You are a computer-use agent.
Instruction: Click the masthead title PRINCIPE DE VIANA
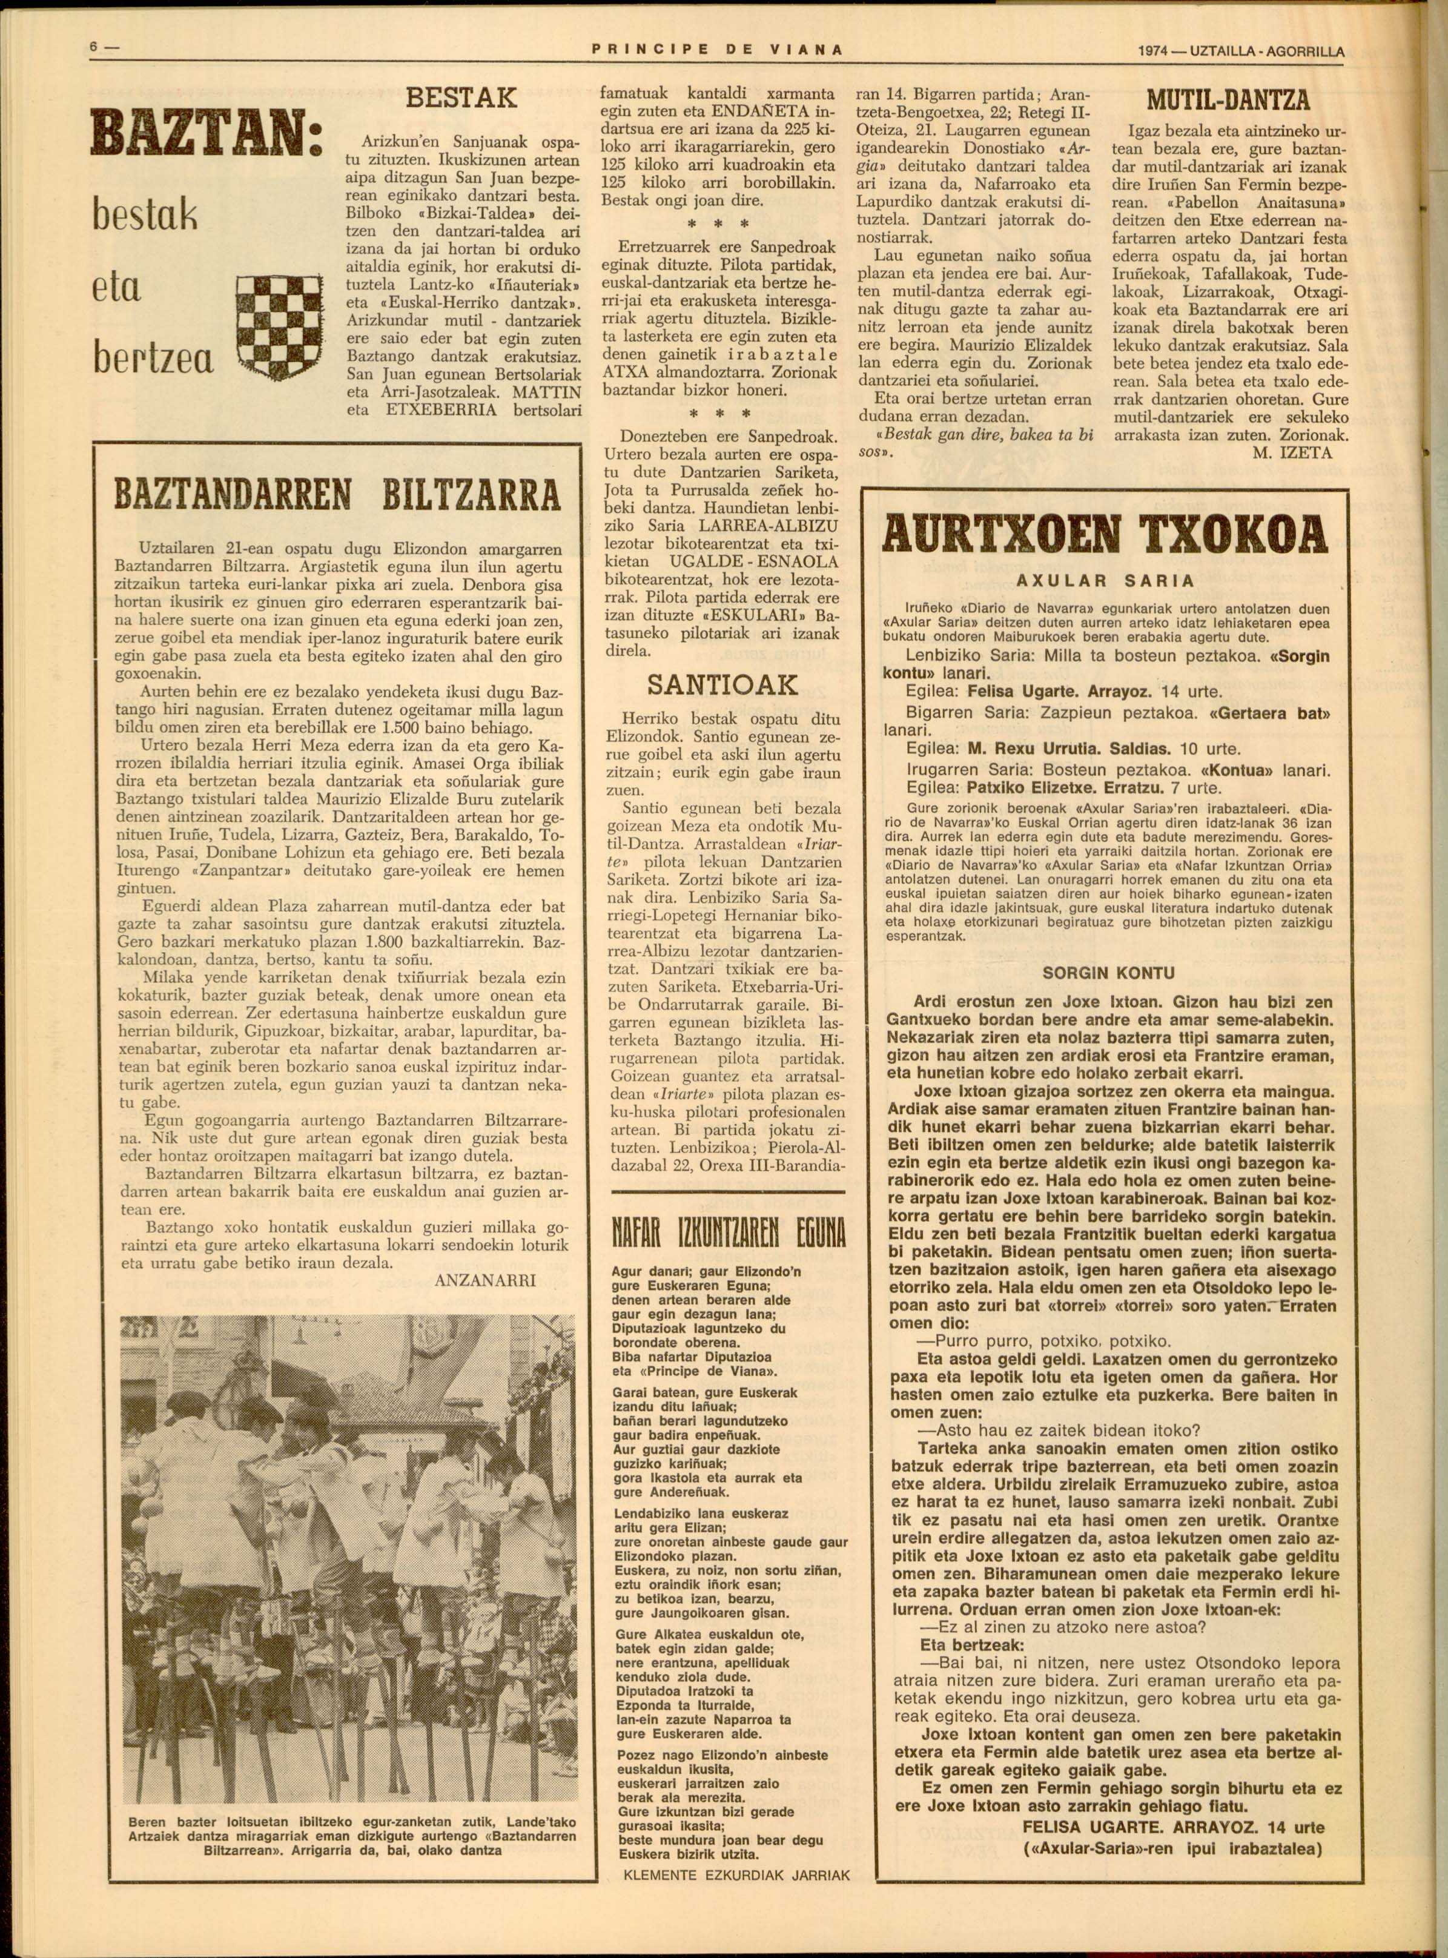point(718,51)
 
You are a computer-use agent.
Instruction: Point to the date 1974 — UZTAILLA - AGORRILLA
point(1240,51)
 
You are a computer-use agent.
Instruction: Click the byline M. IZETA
point(1293,452)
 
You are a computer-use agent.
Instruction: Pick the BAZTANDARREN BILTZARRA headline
point(337,495)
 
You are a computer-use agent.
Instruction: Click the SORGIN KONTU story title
point(1108,973)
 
